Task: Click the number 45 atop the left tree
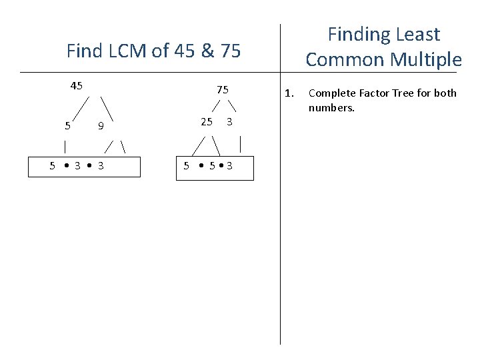coord(77,85)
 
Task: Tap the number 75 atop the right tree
coord(223,90)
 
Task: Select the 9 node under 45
coord(100,125)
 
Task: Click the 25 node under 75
coord(207,121)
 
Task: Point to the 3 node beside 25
coord(229,121)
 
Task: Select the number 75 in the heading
coord(227,51)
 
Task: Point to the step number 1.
coord(288,93)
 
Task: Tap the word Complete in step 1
coord(331,93)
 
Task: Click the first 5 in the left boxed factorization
coord(53,166)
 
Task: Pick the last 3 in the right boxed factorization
coord(229,166)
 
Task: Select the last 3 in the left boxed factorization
coord(100,166)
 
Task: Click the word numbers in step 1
coord(331,107)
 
